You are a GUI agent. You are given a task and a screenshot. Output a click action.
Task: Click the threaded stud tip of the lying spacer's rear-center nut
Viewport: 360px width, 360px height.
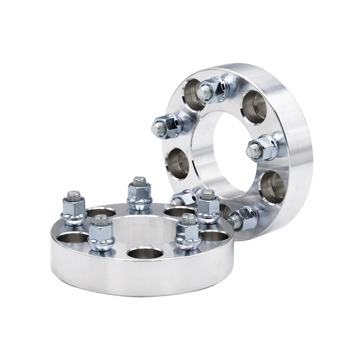click(x=138, y=180)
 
